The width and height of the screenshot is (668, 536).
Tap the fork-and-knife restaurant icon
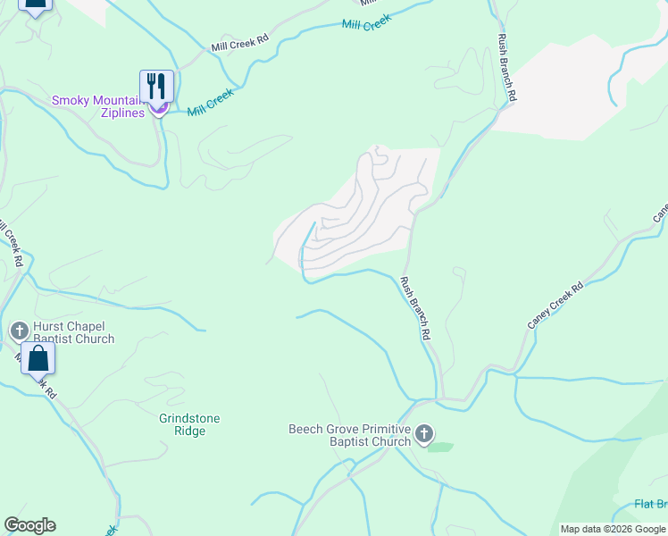(156, 87)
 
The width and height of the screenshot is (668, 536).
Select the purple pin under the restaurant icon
(158, 108)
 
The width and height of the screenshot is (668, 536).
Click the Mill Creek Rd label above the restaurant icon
(239, 43)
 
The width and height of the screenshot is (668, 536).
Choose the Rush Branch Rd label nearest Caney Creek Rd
(416, 308)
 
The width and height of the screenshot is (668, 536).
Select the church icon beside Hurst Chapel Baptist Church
(19, 331)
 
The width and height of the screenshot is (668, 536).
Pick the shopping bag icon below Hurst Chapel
(38, 359)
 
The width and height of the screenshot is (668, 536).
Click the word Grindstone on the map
(189, 418)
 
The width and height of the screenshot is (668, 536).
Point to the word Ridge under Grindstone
(189, 431)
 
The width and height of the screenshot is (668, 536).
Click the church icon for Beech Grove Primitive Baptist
(424, 435)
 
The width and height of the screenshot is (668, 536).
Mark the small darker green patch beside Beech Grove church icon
(440, 446)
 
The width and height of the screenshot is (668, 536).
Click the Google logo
(29, 525)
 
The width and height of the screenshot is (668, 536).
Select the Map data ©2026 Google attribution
(613, 529)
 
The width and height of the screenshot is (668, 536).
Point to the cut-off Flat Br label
(650, 504)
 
